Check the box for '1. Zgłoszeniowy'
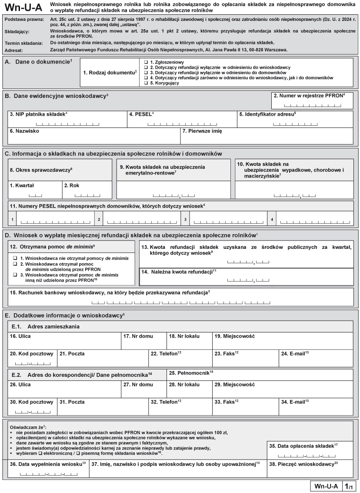click(146, 62)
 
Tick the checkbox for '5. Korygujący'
click(146, 83)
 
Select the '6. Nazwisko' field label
click(23, 131)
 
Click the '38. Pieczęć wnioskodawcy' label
click(303, 464)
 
